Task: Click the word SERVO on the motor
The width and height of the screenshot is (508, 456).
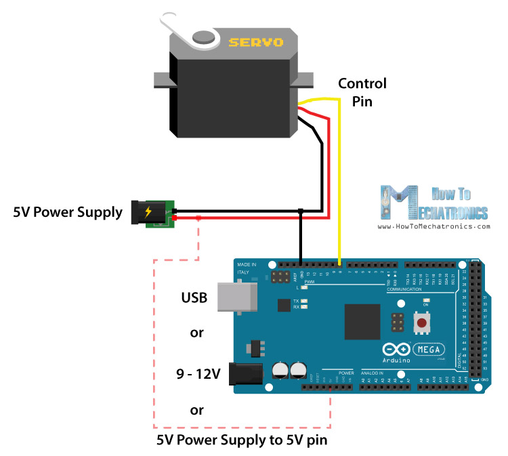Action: (x=255, y=43)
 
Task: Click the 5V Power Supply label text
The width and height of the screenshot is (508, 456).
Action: (x=68, y=213)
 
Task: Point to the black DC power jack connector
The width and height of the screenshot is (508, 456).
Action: (x=146, y=212)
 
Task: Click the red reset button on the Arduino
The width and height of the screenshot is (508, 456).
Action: (x=422, y=324)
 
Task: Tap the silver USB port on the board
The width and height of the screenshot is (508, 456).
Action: (x=236, y=297)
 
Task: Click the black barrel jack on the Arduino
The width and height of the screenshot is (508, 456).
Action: (x=247, y=373)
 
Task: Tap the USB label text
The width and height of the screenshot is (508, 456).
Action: (x=193, y=297)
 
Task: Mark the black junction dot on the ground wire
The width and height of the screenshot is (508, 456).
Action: (x=300, y=212)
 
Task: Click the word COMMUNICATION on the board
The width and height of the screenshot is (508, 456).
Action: (x=404, y=289)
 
